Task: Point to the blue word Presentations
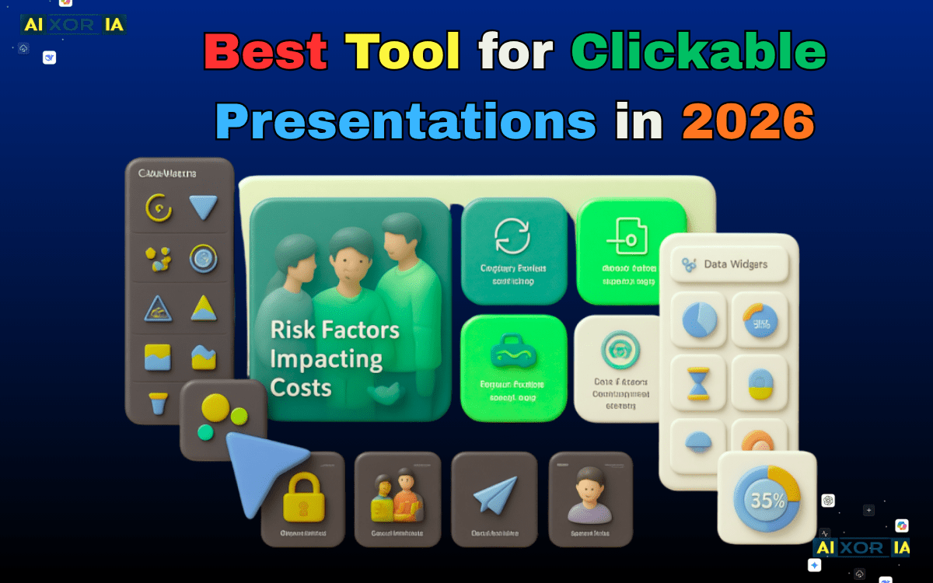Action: point(406,122)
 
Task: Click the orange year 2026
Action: point(748,122)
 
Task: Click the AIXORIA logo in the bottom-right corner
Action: point(861,547)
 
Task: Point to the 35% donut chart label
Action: point(767,500)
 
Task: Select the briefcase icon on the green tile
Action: point(512,354)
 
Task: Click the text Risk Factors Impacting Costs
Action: point(334,358)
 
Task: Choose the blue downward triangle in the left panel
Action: point(204,208)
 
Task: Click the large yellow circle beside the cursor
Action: point(215,407)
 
